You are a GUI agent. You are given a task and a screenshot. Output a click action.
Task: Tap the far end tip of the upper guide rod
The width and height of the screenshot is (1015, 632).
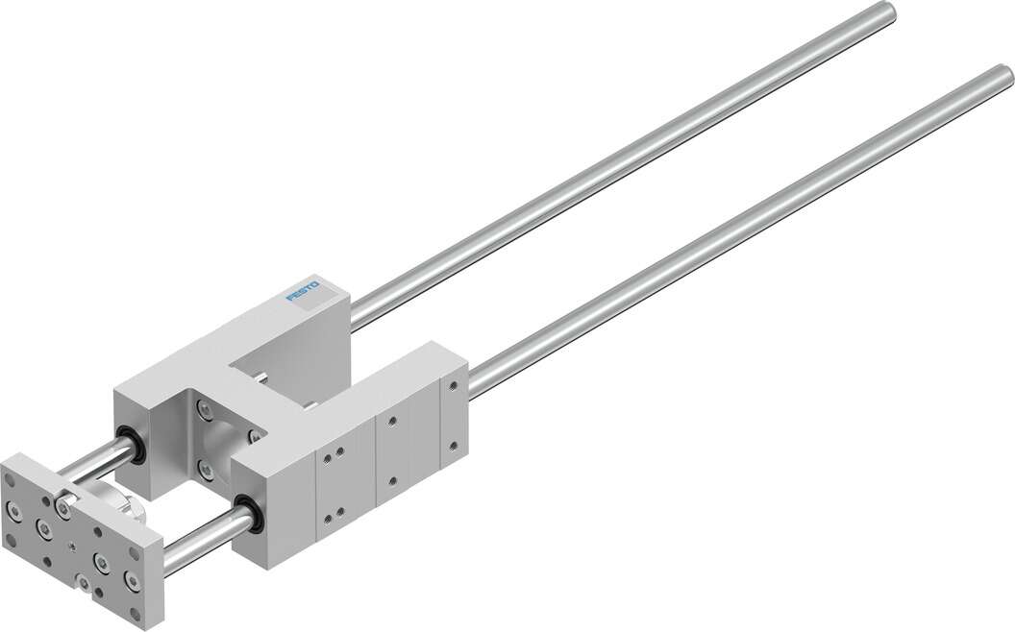[886, 11]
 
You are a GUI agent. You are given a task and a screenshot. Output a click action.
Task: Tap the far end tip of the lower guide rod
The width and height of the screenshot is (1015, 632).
[1003, 75]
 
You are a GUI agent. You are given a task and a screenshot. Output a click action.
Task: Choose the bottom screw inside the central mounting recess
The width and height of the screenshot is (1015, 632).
[205, 470]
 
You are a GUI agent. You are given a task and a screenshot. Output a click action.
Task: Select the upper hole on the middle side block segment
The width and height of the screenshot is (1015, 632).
[390, 421]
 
